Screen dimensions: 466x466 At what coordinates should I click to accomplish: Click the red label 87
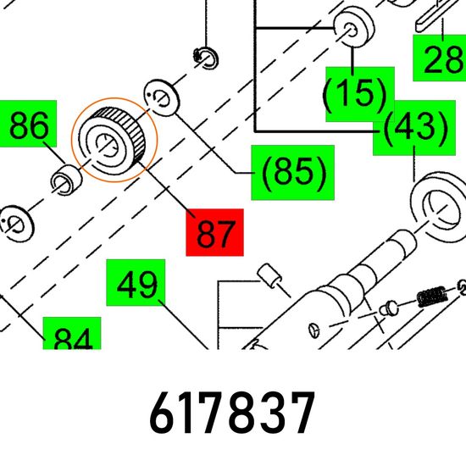tap(214, 232)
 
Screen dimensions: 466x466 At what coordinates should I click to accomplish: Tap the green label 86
tap(28, 124)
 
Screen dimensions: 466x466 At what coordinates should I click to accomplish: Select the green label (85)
tap(293, 173)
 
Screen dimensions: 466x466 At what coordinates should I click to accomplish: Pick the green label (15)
tap(360, 94)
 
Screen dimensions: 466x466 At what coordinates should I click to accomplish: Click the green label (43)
tap(414, 128)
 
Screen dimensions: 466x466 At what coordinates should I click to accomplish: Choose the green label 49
tap(136, 283)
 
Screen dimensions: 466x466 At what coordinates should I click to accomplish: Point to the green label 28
tap(440, 58)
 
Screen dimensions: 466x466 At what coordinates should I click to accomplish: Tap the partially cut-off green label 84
tap(72, 333)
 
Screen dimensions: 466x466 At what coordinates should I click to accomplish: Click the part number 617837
tap(232, 413)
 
